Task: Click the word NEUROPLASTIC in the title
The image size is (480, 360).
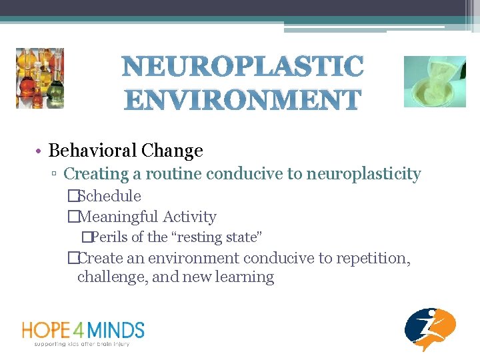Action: [243, 67]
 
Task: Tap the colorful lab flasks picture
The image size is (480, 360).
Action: [39, 78]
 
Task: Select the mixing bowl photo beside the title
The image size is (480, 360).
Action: [435, 81]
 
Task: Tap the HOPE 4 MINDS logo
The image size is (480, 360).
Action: [83, 330]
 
